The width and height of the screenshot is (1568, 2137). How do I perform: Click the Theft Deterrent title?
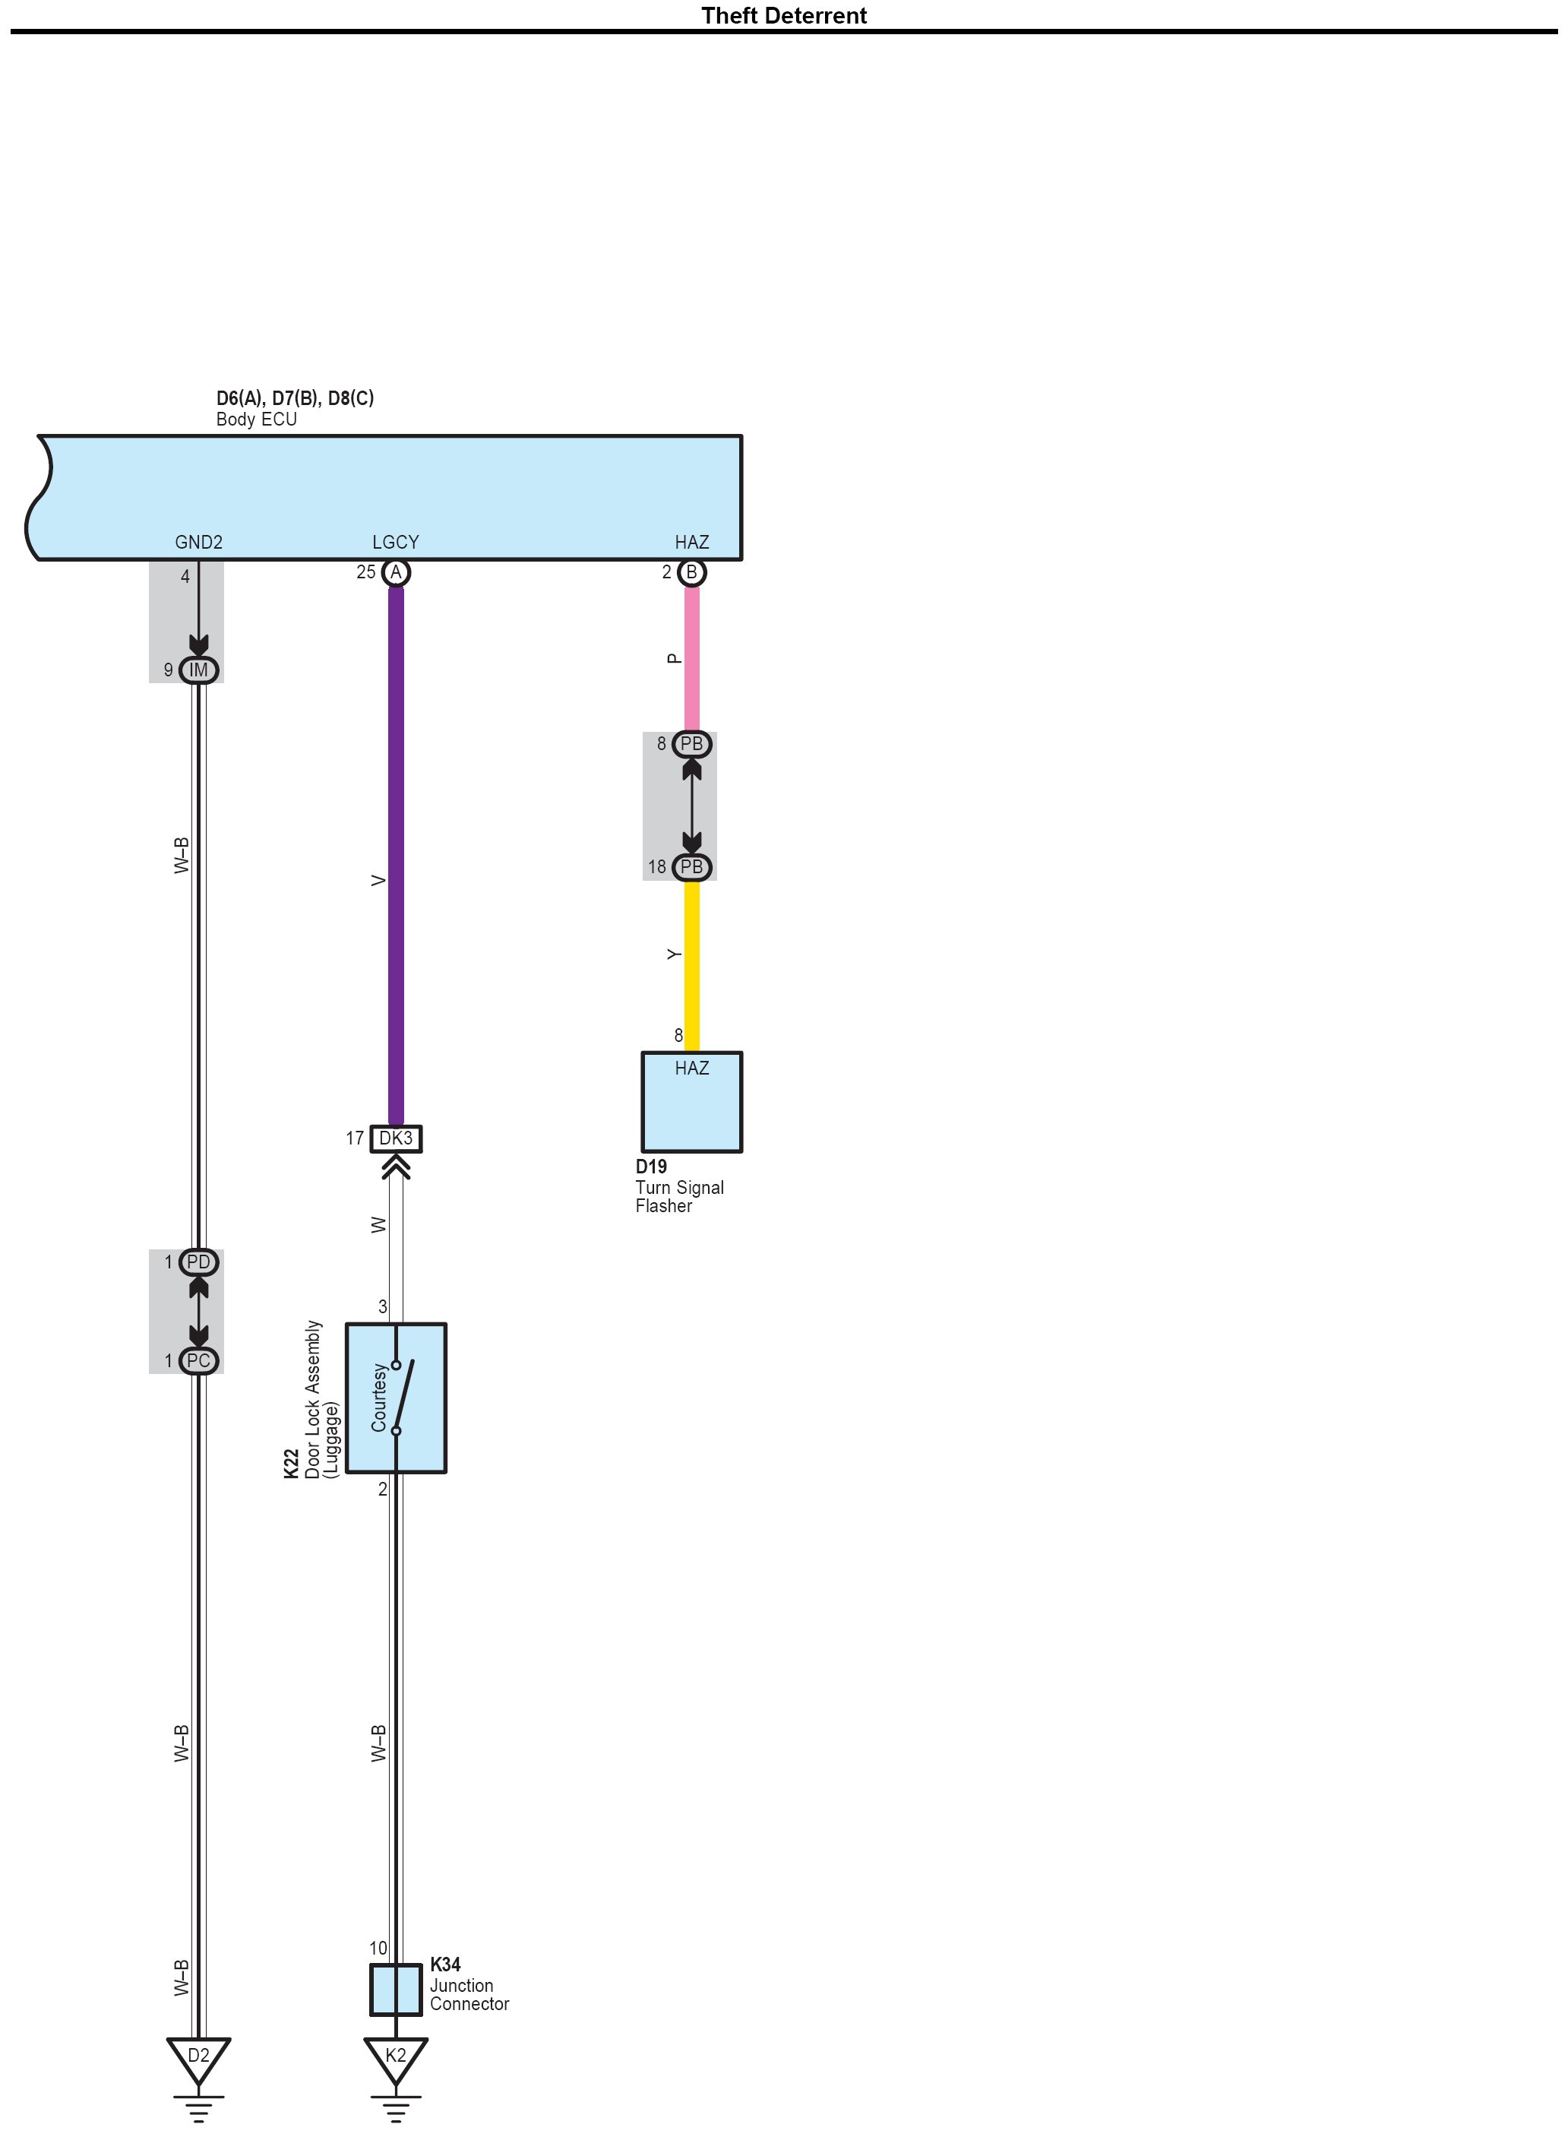point(783,15)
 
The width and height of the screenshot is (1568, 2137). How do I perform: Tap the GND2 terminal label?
point(198,542)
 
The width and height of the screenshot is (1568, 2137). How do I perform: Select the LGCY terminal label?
point(395,542)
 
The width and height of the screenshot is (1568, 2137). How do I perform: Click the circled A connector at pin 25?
point(396,572)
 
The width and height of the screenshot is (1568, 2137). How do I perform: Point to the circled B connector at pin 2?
point(692,572)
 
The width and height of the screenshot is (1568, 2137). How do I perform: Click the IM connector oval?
point(198,670)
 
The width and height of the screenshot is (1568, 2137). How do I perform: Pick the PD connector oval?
point(198,1262)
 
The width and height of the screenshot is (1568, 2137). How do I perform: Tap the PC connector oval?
point(198,1360)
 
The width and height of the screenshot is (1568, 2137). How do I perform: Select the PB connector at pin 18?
point(692,867)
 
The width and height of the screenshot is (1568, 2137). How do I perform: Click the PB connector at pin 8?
point(692,744)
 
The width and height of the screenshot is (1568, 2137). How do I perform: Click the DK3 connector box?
point(396,1138)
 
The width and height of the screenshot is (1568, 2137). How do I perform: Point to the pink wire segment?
point(692,659)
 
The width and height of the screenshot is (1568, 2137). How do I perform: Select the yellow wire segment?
point(692,964)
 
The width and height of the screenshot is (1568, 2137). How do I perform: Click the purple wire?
point(396,854)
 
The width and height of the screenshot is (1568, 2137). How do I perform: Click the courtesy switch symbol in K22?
point(403,1398)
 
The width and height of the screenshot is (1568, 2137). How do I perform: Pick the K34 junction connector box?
point(396,1990)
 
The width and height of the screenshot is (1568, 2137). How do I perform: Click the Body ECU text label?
point(256,419)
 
